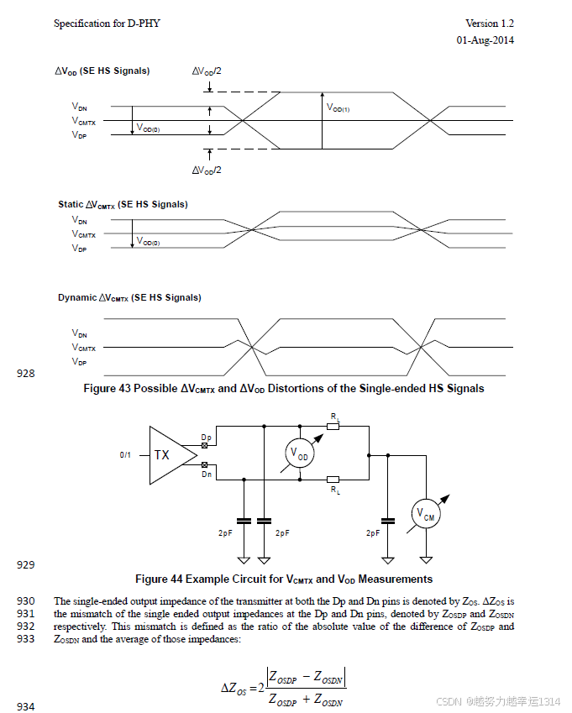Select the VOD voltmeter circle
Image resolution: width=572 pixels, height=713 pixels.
coord(299,453)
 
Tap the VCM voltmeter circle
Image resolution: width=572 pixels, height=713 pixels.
coord(427,514)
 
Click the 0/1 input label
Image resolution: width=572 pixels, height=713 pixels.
coord(126,454)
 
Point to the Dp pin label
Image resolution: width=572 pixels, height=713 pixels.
coord(207,438)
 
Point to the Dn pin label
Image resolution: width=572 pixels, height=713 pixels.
coord(207,474)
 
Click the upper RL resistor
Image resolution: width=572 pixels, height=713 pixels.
coord(333,427)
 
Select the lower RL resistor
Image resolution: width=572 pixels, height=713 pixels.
coord(333,480)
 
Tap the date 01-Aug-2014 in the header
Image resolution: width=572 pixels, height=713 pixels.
coord(485,39)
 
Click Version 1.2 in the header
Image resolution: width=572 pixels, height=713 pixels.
coord(490,24)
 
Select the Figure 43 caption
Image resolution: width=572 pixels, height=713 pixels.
coord(284,388)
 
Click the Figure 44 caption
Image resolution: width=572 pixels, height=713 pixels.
coord(284,579)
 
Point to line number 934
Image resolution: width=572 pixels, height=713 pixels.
coord(26,707)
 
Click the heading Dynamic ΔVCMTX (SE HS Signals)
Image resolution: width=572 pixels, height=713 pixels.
coord(129,298)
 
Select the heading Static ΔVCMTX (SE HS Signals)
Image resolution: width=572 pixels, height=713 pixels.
coord(123,205)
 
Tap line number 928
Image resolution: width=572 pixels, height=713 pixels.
coord(26,374)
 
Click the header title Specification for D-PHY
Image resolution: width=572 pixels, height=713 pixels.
coord(107,24)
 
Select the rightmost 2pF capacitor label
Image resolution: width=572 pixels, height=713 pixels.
coord(375,532)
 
